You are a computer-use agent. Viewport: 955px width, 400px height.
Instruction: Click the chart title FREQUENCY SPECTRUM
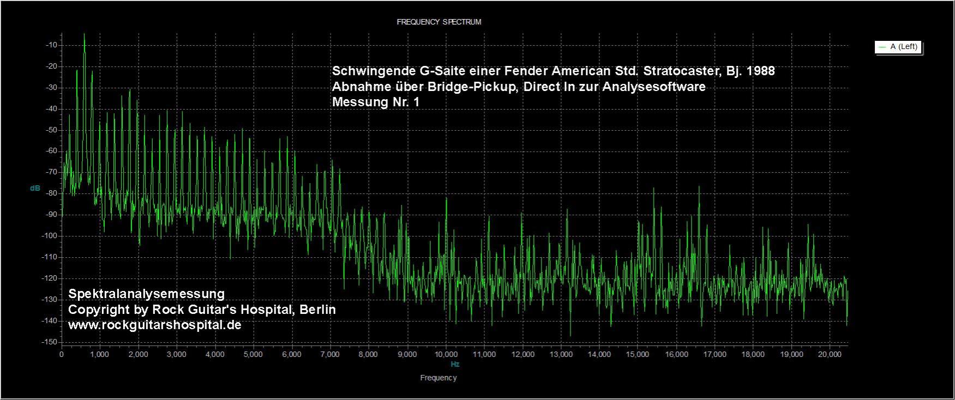tap(439, 22)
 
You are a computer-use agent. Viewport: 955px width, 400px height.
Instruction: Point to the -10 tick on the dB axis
tap(53, 45)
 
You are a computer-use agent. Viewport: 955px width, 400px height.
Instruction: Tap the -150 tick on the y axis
tap(51, 342)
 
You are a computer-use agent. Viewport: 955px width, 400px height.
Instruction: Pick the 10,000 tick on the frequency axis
tap(446, 354)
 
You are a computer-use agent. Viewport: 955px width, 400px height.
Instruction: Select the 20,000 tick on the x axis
tap(830, 354)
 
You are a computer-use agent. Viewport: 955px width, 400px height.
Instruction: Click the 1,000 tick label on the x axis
tap(100, 354)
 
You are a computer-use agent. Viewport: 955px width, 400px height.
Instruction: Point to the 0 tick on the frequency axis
tap(62, 354)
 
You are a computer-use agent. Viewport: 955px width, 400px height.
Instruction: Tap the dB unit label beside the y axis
tap(35, 188)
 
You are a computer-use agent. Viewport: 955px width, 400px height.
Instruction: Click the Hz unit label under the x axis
tap(455, 364)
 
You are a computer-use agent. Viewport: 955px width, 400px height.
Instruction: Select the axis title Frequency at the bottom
tap(439, 378)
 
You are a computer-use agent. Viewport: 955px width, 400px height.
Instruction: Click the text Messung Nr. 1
tap(376, 102)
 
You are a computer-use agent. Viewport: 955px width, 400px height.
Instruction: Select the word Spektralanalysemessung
tap(146, 294)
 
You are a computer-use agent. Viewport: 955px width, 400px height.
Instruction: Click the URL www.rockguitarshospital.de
tap(154, 325)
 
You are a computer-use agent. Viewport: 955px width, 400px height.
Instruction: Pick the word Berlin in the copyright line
tap(317, 310)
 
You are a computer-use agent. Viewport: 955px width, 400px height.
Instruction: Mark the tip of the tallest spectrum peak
tap(84, 34)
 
